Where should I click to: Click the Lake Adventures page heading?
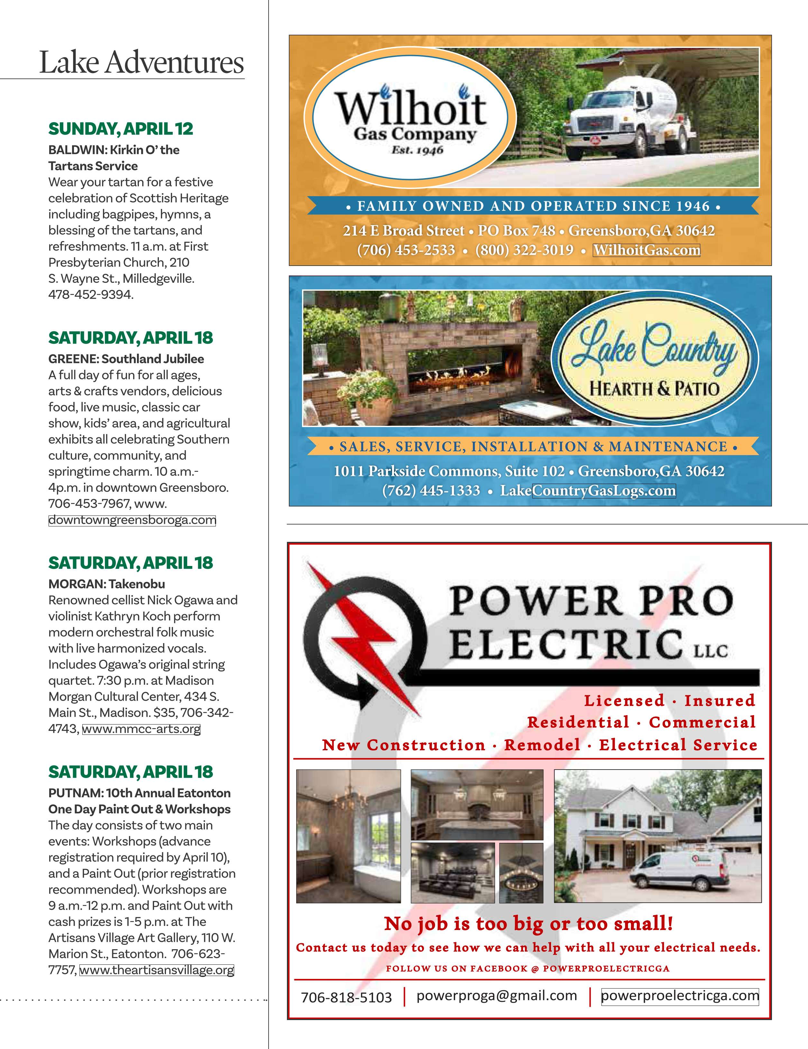tap(141, 62)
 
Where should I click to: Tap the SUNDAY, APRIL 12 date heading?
tap(121, 129)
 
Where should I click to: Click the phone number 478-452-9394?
tap(90, 295)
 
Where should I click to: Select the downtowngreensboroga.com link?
tap(132, 520)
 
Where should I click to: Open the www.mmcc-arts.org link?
tap(141, 729)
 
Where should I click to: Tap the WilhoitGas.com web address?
tap(646, 250)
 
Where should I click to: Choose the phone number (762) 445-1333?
tap(431, 490)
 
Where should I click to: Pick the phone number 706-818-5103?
tap(346, 998)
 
